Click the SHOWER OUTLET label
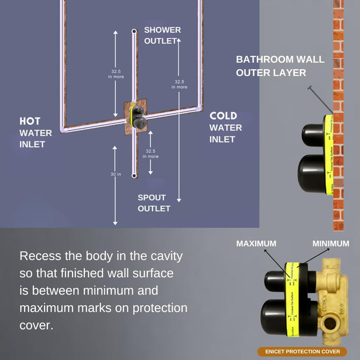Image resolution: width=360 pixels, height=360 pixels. (x=162, y=35)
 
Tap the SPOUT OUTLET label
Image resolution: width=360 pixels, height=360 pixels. (x=154, y=203)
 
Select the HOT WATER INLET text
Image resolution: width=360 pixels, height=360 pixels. (x=36, y=132)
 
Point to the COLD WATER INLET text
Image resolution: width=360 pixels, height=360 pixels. (x=226, y=127)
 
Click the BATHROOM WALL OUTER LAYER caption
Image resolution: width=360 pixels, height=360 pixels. (x=280, y=66)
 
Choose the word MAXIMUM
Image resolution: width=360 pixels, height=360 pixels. (x=256, y=243)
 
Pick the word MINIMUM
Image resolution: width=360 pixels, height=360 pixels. (x=330, y=243)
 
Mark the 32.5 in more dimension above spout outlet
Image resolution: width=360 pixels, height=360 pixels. (x=150, y=154)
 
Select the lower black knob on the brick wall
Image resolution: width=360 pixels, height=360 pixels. (x=311, y=172)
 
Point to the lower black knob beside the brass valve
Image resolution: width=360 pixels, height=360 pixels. (x=276, y=317)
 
